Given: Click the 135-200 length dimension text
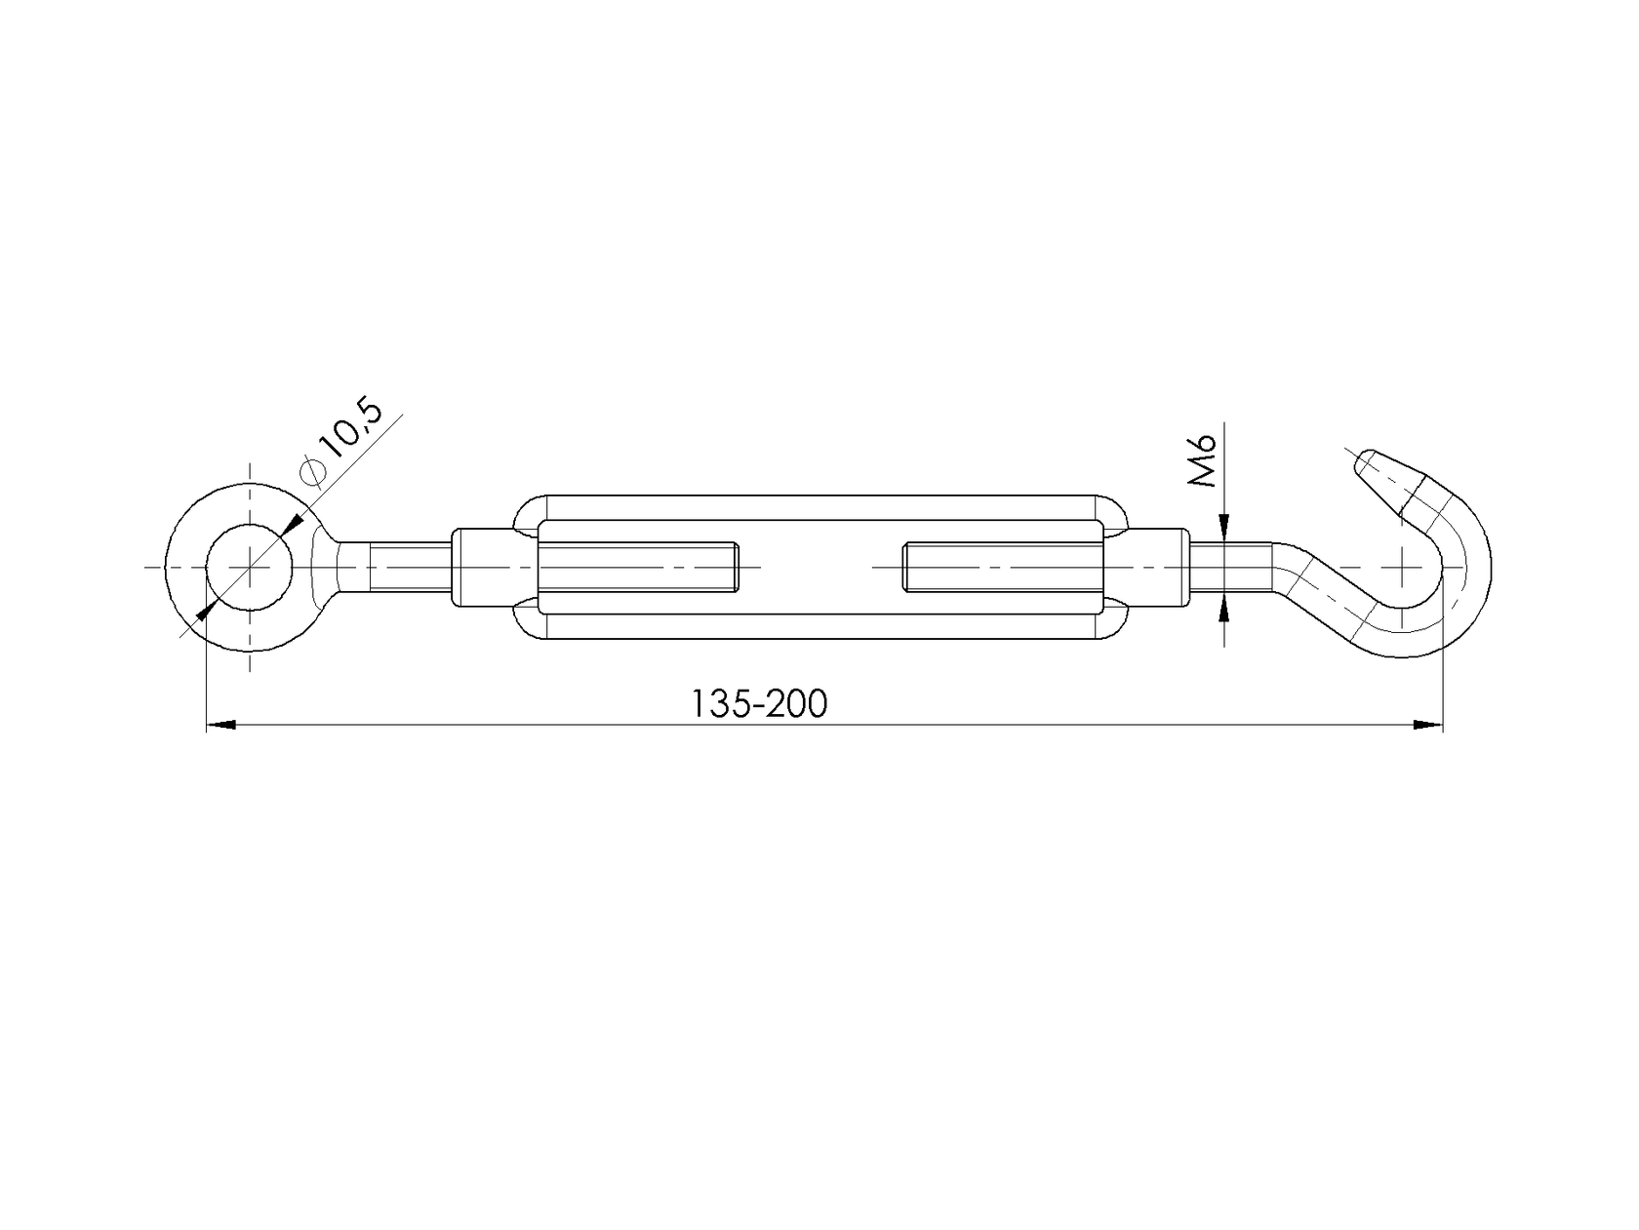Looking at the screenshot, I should pos(759,703).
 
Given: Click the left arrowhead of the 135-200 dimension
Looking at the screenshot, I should pos(220,725).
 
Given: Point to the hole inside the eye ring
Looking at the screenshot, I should pos(250,567).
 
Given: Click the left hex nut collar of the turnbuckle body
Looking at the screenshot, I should pos(484,567).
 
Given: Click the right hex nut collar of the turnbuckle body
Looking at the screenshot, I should pos(1157,567).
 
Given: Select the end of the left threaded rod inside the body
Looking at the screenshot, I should pos(734,567).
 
